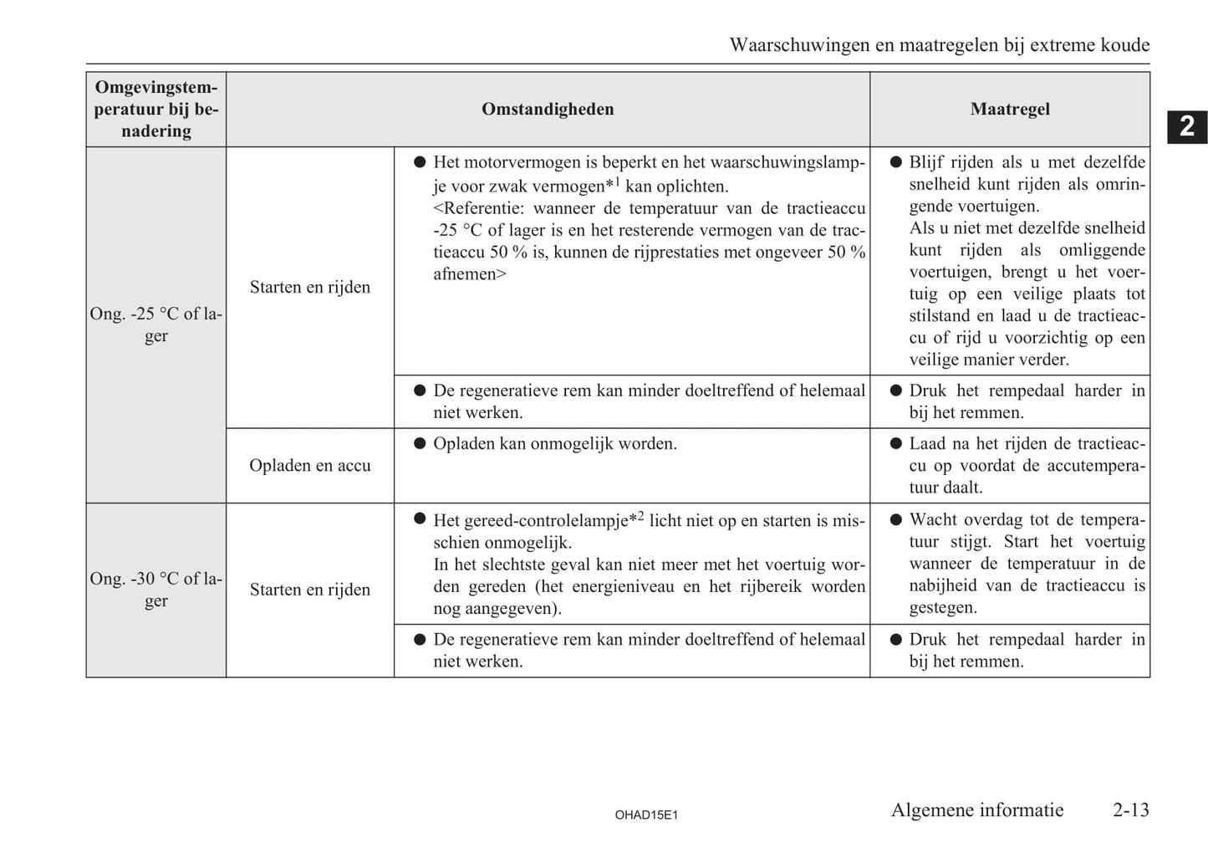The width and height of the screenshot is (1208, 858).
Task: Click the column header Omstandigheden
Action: click(548, 110)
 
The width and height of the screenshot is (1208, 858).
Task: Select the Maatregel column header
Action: click(1010, 110)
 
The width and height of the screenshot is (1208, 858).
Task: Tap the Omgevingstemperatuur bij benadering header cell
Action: click(155, 110)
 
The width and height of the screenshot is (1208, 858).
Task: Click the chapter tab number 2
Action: click(1186, 126)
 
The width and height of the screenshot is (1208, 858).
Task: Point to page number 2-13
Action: click(1130, 809)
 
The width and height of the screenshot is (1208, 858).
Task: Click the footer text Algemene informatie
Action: click(976, 809)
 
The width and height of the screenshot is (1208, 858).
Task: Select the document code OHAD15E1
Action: click(645, 815)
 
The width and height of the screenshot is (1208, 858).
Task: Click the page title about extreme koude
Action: click(939, 45)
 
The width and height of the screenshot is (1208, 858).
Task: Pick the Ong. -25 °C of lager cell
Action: click(155, 324)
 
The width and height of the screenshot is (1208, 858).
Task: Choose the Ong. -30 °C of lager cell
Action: click(155, 590)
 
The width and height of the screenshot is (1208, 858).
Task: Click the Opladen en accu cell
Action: click(309, 466)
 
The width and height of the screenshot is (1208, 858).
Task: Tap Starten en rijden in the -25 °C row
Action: click(309, 287)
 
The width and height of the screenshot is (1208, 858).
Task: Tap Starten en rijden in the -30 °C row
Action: click(309, 590)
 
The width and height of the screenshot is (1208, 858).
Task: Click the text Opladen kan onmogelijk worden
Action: click(554, 443)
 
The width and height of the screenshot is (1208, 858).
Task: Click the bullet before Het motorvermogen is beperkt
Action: click(420, 162)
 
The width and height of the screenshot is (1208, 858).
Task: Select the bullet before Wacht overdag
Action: click(895, 519)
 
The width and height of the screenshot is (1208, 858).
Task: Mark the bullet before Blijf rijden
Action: click(895, 162)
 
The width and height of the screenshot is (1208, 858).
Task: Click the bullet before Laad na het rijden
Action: click(895, 444)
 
